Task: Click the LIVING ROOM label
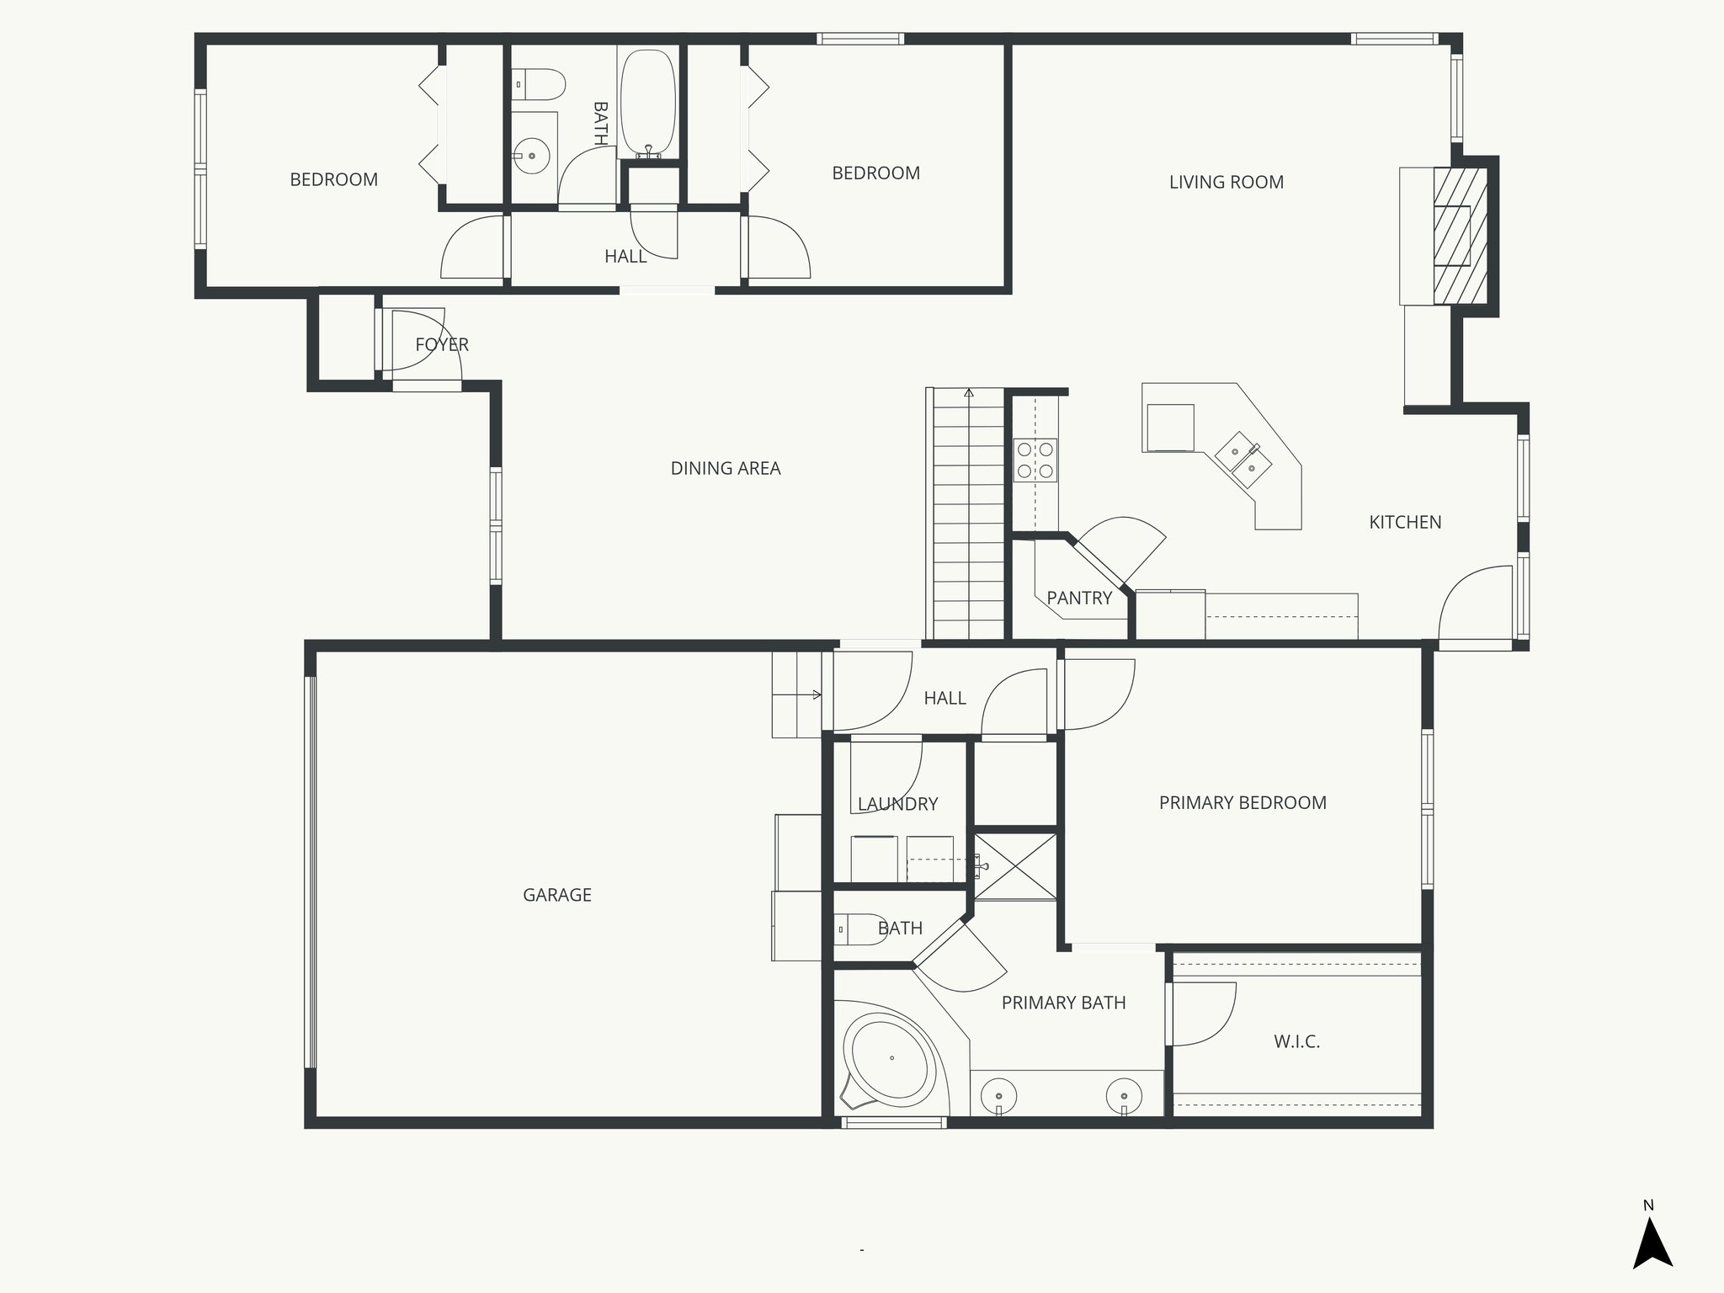(1226, 182)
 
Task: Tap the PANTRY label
(1079, 598)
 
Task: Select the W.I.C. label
(1296, 1041)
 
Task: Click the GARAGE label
(556, 895)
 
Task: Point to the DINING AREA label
(725, 468)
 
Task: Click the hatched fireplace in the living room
(1460, 236)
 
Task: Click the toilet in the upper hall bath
(539, 84)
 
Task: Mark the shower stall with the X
(1015, 866)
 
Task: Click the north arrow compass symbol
(1652, 1246)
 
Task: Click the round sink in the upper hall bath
(531, 157)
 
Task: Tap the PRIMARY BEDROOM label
(1242, 803)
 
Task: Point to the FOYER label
(442, 344)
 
